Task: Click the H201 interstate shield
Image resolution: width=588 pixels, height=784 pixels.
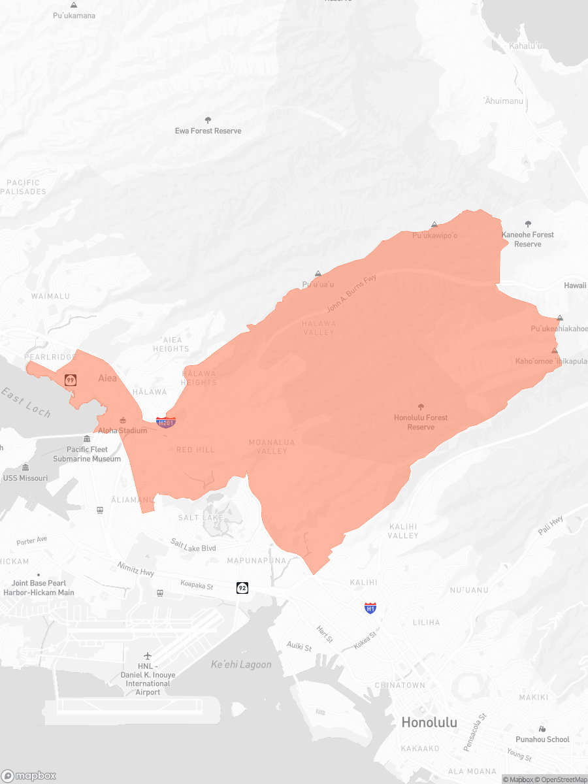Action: pos(166,423)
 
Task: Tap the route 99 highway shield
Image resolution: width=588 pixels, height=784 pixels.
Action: pos(70,380)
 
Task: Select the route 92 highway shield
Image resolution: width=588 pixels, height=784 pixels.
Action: pos(242,588)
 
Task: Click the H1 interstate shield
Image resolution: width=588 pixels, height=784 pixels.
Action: pos(370,608)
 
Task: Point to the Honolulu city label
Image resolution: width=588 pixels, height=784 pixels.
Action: pos(429,723)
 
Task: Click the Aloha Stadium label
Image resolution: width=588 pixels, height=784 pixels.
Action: pos(123,431)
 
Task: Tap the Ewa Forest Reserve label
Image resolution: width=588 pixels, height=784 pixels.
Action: pos(208,131)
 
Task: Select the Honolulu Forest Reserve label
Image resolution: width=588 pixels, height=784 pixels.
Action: pos(421,422)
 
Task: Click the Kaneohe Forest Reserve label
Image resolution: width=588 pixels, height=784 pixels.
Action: pos(527,239)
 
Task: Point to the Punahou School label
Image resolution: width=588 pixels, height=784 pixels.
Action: pos(545,740)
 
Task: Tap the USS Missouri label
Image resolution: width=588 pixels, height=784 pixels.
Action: pos(25,478)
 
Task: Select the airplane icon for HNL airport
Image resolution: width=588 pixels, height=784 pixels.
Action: pos(148,655)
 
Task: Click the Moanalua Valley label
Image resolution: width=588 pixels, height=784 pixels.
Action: pos(272,447)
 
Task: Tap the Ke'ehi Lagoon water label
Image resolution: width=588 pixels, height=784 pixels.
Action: pos(241,664)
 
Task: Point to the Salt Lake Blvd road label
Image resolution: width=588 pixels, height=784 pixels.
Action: pos(193,545)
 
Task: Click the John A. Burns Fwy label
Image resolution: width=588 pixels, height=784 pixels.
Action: pos(352,293)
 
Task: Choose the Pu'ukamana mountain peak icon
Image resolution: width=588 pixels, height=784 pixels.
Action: pos(74,5)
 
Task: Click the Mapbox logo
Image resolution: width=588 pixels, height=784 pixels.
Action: pos(29,776)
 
